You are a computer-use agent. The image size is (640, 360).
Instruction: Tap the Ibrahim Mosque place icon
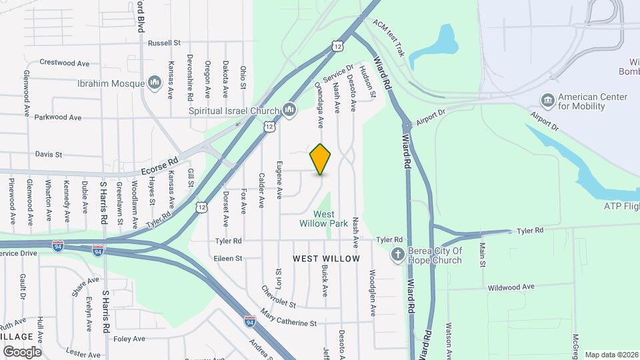point(155,83)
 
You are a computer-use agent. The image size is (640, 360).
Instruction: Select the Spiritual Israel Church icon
point(289,110)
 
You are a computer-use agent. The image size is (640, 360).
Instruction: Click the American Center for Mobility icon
point(548,101)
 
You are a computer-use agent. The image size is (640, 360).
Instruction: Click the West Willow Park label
point(324,219)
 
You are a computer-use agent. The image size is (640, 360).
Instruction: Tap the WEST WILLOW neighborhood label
point(327,258)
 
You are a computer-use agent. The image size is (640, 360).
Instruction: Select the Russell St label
point(165,43)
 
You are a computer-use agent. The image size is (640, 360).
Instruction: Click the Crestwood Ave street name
point(65,63)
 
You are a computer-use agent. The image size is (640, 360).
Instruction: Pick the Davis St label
point(49,154)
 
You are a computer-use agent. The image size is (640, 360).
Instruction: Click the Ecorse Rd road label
point(160,161)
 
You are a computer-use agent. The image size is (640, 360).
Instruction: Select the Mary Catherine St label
point(289,318)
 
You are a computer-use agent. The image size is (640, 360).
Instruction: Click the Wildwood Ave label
point(511,287)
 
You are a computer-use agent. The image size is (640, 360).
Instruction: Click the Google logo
point(22,351)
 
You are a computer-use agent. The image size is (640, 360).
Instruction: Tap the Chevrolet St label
point(279,297)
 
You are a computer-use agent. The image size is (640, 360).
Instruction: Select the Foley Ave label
point(129,339)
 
